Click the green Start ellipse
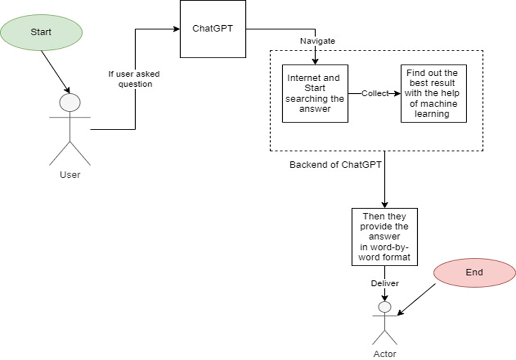41,32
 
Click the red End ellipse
474,273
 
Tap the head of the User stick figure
70,103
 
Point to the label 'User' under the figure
70,175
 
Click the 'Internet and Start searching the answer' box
315,93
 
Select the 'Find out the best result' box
433,93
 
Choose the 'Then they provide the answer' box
384,237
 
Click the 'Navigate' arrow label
317,41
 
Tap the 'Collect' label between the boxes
374,93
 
